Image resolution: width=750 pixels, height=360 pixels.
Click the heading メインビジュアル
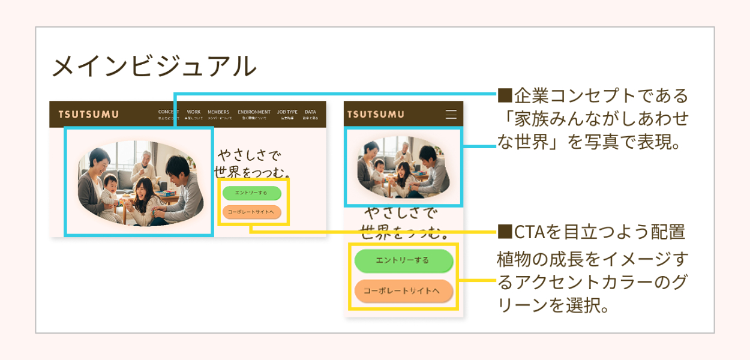(154, 67)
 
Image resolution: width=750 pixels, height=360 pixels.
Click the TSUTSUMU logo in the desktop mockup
(88, 115)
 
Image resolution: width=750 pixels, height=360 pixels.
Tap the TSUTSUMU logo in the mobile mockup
(376, 115)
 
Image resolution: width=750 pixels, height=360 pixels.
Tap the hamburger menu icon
(451, 115)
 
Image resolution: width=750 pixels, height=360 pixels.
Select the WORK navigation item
(194, 112)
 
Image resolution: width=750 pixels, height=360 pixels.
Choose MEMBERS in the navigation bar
(218, 112)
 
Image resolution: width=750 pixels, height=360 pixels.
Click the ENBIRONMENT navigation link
(254, 112)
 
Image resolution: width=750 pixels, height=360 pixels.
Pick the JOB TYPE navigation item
(287, 112)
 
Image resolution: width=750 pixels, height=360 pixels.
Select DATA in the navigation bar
(310, 112)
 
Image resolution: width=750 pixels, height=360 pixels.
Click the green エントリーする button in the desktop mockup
(251, 193)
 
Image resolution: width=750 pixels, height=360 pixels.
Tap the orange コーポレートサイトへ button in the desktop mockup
(251, 212)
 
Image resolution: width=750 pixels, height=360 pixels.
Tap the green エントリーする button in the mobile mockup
(403, 260)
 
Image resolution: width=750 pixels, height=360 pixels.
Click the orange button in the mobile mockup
(403, 290)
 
